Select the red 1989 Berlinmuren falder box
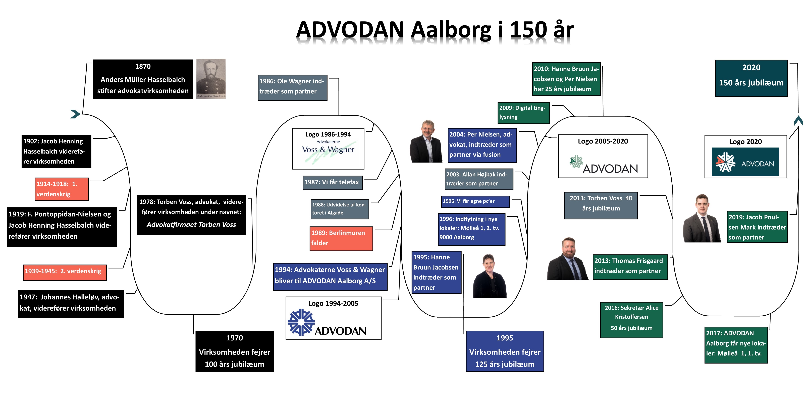point(341,238)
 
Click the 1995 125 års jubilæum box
point(505,351)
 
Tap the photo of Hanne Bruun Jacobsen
point(489,276)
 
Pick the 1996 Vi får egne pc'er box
point(475,201)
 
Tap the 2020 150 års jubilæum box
point(751,78)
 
